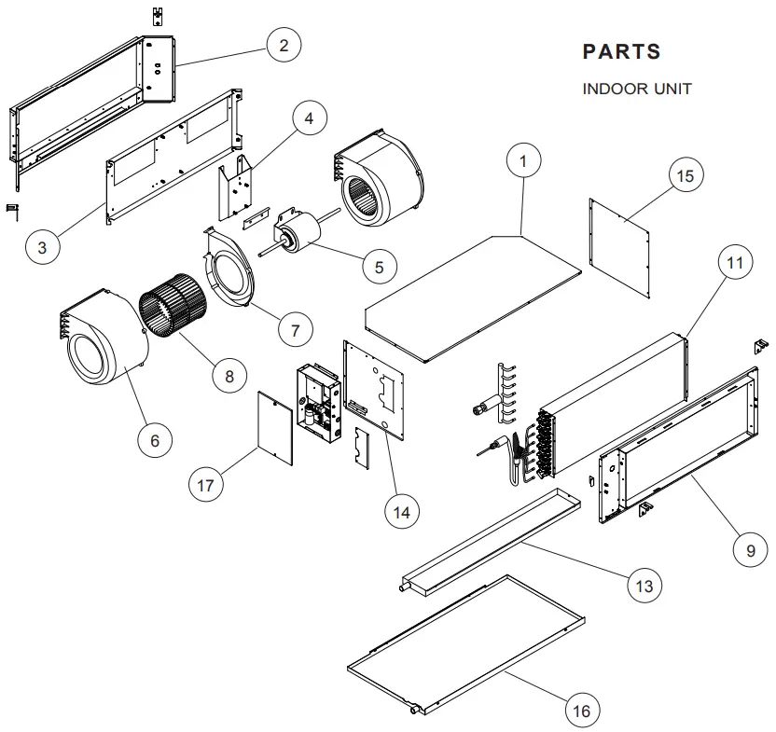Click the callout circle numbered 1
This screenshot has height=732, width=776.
(x=523, y=161)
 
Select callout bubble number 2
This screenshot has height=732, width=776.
(x=284, y=44)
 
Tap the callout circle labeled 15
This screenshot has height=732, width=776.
(x=686, y=175)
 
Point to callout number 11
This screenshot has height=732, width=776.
(x=736, y=263)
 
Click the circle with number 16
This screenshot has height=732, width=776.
(x=581, y=711)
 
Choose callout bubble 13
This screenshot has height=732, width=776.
(x=644, y=586)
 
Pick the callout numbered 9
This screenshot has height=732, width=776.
(x=751, y=550)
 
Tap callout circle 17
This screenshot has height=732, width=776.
(x=206, y=485)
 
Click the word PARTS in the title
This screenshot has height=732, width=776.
(x=621, y=51)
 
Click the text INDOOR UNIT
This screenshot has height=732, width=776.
(x=637, y=89)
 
